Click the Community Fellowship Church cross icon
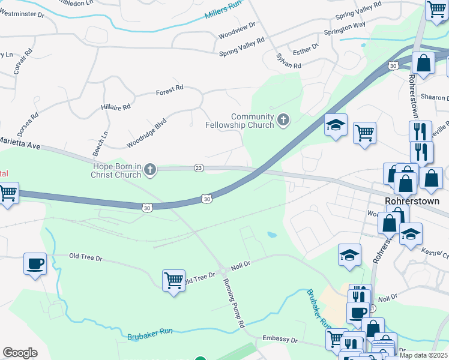pos(283,121)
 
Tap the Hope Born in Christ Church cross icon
pos(150,171)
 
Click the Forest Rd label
pos(169,90)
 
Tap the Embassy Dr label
pos(280,340)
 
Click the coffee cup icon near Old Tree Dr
pos(35,263)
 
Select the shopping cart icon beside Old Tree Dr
pos(173,280)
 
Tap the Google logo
pos(20,353)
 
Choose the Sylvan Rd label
pos(288,61)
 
